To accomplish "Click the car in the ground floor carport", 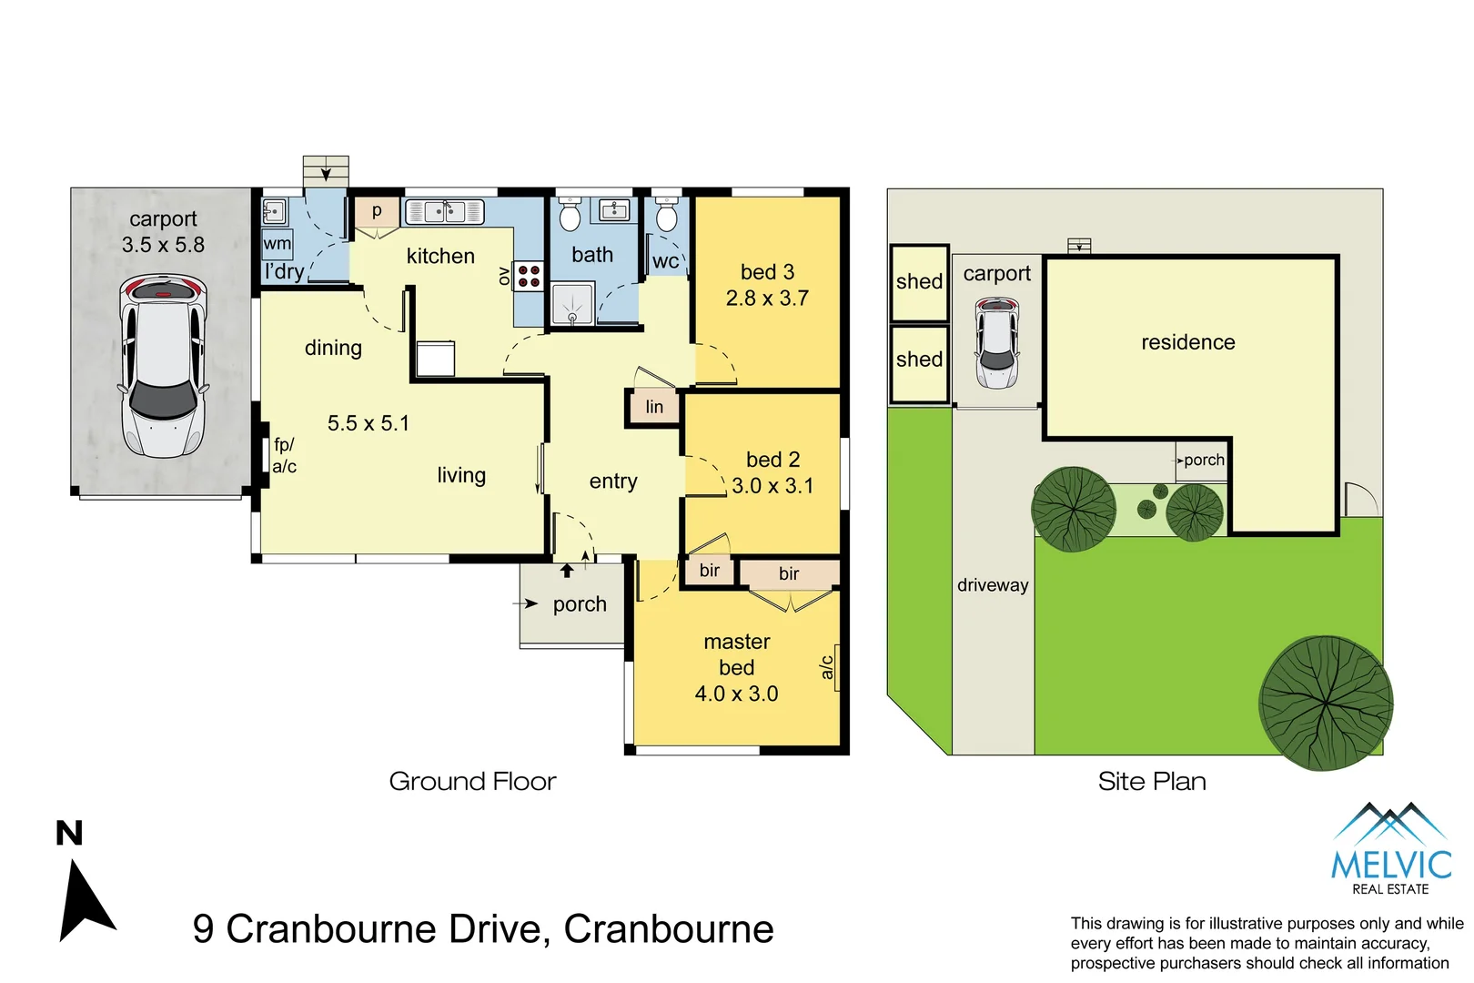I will (163, 367).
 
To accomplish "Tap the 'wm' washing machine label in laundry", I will (278, 244).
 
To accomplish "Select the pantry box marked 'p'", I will (376, 211).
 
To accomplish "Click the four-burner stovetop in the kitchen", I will (529, 276).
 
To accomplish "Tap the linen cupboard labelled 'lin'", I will (653, 407).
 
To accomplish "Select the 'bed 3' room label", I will (767, 272).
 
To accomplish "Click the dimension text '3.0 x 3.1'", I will (772, 486).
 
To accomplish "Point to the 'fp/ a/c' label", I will (284, 455).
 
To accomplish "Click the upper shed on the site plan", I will (919, 282).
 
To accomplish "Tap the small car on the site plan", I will (996, 342).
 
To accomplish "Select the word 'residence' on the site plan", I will (1187, 342).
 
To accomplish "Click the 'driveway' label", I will (992, 585).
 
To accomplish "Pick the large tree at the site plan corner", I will (1325, 702).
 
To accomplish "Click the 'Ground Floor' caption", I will (472, 781).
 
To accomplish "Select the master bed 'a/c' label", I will (827, 667).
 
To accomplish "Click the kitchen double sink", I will (444, 211).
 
